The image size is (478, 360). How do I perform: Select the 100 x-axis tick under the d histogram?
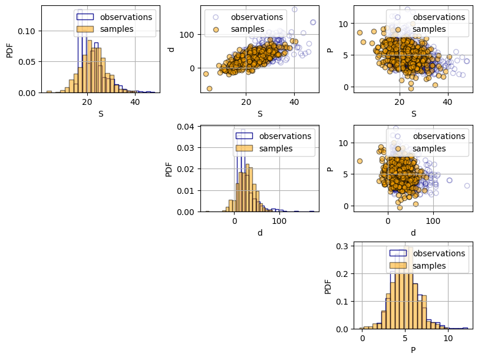point(279,221)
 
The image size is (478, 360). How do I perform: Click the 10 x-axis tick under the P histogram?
point(448,338)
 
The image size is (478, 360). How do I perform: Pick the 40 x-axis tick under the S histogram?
point(135,102)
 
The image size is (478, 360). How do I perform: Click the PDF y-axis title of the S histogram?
point(9,49)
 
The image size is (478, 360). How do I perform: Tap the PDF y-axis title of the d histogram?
point(169,168)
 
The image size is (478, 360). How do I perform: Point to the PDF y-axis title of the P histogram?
point(328,285)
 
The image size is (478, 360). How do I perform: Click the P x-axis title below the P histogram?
point(413,350)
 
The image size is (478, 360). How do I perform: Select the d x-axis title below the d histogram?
point(260,233)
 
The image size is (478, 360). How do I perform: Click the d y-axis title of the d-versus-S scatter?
point(172,49)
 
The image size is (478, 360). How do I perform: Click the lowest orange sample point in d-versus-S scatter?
point(209,88)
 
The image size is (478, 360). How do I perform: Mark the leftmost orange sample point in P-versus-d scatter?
point(360,161)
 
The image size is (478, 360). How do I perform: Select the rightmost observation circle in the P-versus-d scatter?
point(467,186)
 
